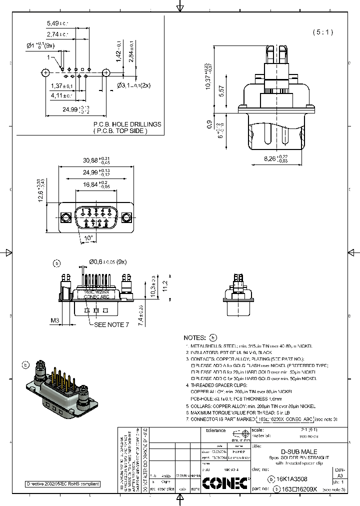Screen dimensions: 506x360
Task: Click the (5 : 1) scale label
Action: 322,32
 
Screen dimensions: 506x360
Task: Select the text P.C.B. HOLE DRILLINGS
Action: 127,124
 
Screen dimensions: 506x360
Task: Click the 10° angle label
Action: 88,238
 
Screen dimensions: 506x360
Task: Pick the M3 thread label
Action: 55,320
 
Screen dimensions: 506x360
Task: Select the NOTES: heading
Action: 194,337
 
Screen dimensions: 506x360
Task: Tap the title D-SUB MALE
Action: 298,451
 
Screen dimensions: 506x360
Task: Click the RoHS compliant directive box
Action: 63,484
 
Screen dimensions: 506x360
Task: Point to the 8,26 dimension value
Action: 272,158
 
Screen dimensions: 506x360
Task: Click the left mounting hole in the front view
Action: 64,218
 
